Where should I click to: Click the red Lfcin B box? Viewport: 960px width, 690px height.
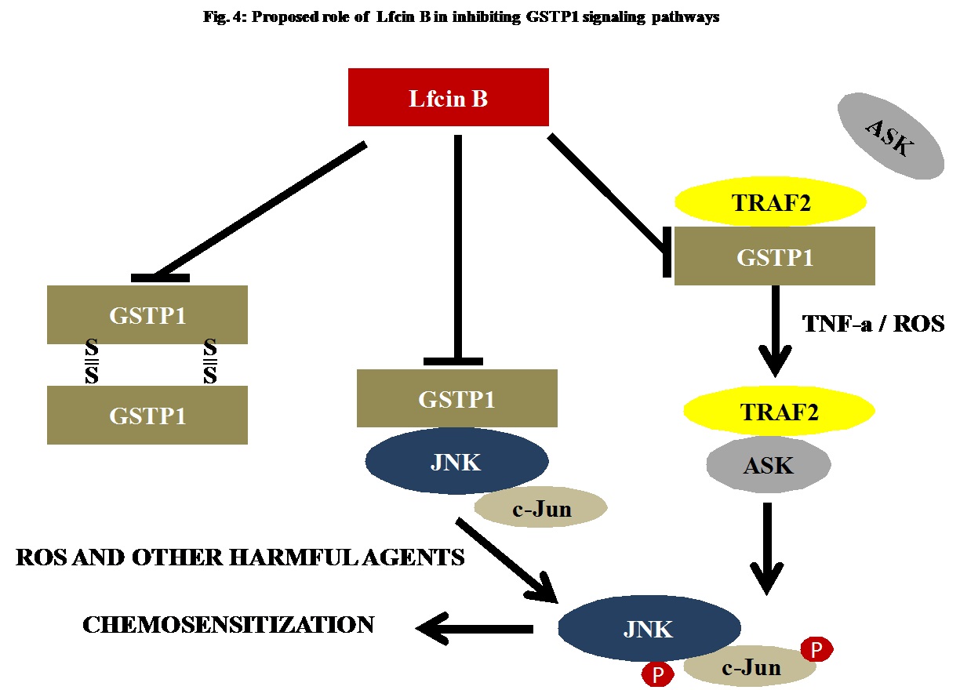tap(448, 97)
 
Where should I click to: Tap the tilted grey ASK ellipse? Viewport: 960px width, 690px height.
tap(890, 136)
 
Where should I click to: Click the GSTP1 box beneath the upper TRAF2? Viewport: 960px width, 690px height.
tap(775, 256)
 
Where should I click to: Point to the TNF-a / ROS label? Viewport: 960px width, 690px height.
tap(873, 323)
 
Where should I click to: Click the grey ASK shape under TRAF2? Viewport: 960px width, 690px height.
tap(769, 466)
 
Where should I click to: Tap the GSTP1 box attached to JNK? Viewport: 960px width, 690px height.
tap(456, 398)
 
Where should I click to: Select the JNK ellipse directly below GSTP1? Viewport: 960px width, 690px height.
tap(456, 462)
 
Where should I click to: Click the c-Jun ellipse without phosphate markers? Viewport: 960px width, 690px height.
tap(541, 509)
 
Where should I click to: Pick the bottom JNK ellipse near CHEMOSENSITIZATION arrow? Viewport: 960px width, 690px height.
tap(649, 628)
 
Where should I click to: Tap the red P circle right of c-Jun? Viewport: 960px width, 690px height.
tap(816, 649)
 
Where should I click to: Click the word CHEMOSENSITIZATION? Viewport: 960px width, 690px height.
tap(228, 625)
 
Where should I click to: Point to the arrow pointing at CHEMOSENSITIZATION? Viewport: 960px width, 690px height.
tap(475, 627)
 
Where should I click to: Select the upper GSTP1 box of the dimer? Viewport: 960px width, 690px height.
tap(147, 314)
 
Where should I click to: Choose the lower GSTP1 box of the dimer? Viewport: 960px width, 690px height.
tap(147, 415)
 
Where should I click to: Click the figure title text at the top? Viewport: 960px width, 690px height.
tap(460, 17)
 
